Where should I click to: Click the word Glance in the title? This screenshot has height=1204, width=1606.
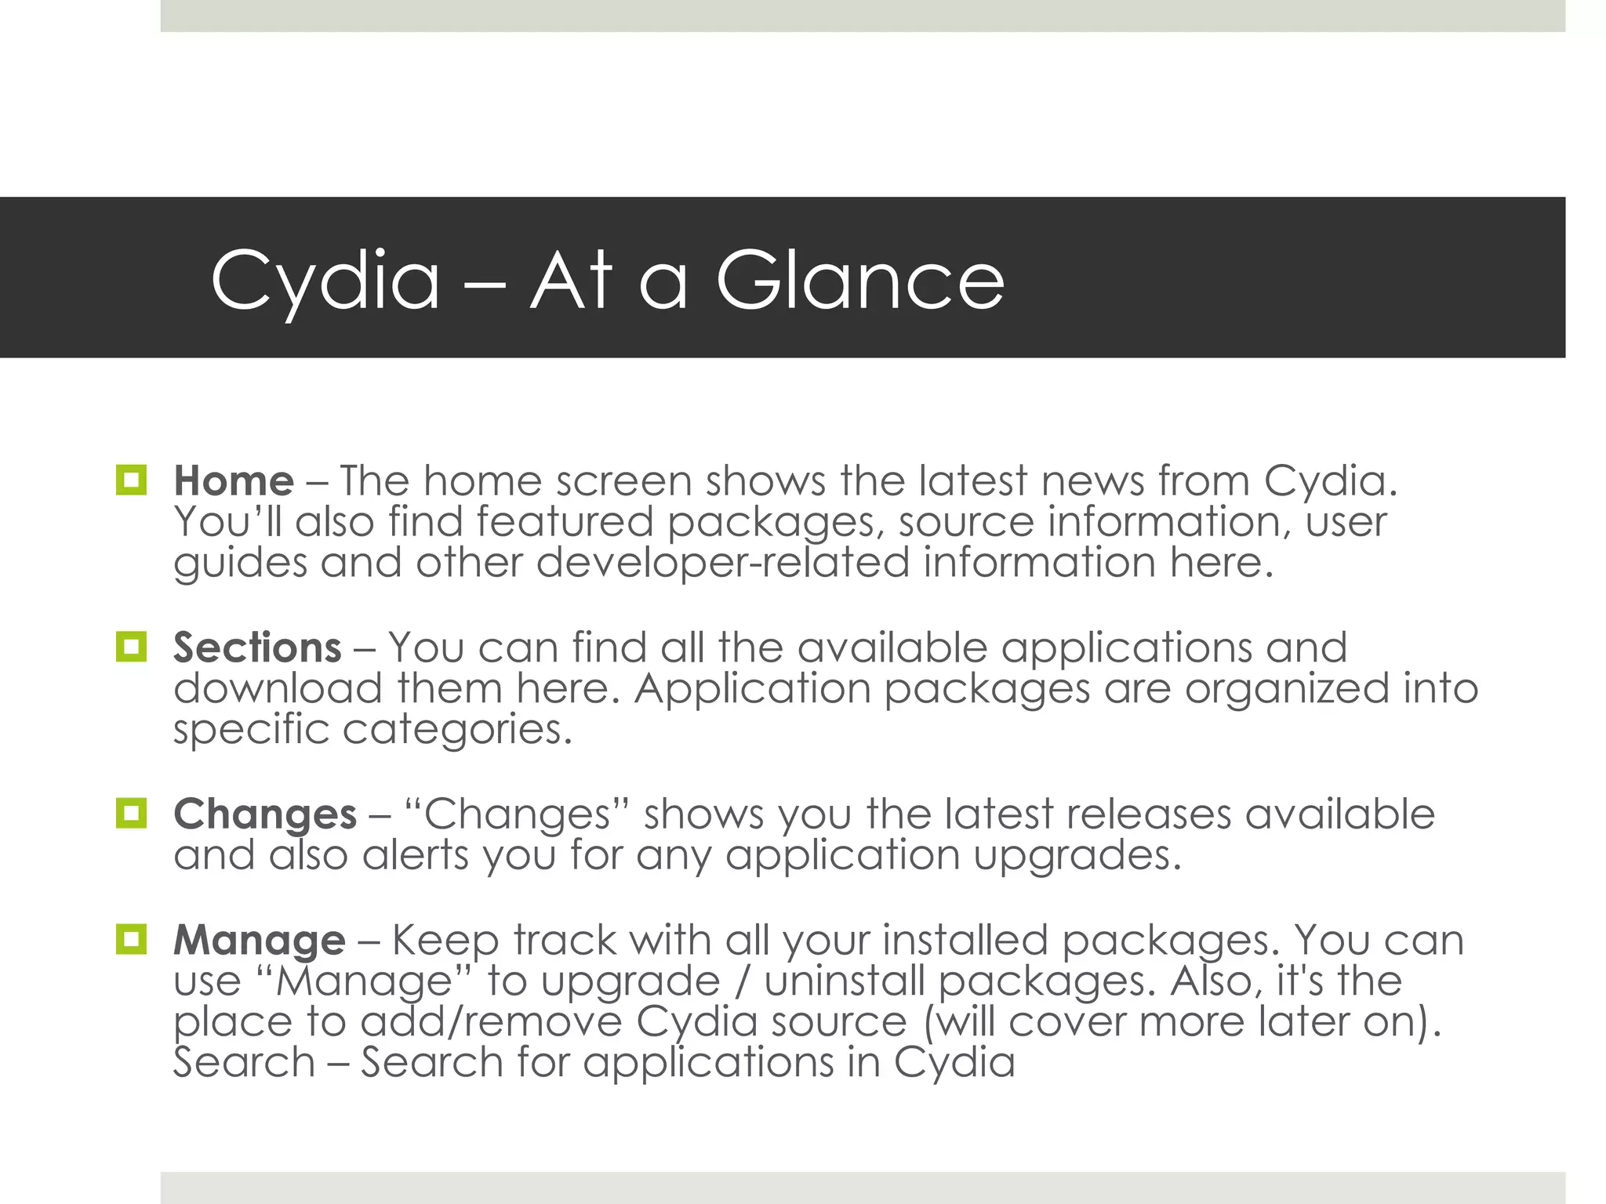[859, 280]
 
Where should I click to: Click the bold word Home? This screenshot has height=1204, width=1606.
[234, 481]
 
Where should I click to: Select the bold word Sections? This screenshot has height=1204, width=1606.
[257, 647]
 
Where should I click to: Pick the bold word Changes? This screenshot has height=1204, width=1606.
[265, 814]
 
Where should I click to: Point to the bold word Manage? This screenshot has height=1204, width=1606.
[259, 940]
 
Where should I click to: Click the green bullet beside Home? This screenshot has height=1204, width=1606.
[131, 480]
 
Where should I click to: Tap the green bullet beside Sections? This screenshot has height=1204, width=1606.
[131, 647]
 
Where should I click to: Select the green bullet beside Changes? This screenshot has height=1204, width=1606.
[131, 813]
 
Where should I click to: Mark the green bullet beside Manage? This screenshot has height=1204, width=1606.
[131, 939]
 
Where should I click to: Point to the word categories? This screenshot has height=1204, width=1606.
[457, 730]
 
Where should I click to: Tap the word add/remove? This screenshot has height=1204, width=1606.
[491, 1021]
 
